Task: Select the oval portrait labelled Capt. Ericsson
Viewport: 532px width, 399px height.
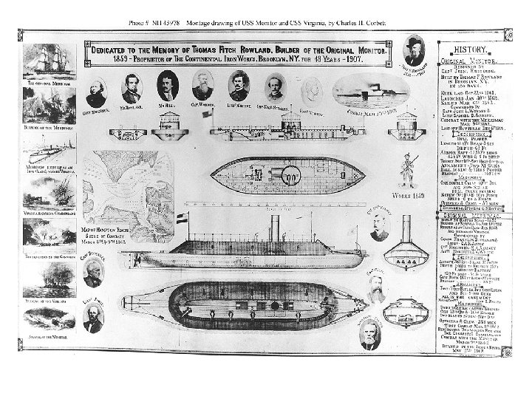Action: point(96,92)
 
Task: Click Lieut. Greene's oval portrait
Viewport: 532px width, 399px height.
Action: point(238,86)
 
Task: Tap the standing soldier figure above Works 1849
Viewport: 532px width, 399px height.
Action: point(405,169)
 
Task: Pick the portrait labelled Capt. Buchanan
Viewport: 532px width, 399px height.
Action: point(92,273)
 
